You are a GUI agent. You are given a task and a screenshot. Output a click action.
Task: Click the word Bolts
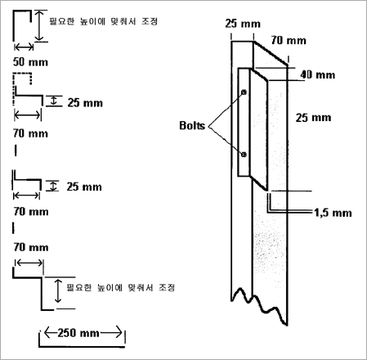pyautogui.click(x=192, y=125)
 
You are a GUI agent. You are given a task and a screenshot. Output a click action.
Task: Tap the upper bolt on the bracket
pyautogui.click(x=244, y=92)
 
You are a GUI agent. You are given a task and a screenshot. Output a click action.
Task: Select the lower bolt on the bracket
pyautogui.click(x=244, y=155)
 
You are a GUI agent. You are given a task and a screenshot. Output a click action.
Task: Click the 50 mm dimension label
pyautogui.click(x=30, y=62)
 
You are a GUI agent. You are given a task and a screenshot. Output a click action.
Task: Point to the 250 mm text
pyautogui.click(x=78, y=333)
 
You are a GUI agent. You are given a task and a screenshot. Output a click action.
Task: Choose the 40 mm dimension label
pyautogui.click(x=318, y=74)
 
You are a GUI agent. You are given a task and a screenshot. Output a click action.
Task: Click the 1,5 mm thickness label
pyautogui.click(x=333, y=213)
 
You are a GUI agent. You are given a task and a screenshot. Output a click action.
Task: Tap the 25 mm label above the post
pyautogui.click(x=243, y=24)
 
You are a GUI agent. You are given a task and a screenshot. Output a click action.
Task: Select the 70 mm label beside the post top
pyautogui.click(x=289, y=41)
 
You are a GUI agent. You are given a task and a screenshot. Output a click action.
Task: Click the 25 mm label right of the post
pyautogui.click(x=314, y=118)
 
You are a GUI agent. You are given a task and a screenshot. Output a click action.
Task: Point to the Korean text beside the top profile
pyautogui.click(x=103, y=21)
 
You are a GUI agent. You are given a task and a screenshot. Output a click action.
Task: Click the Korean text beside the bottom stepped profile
pyautogui.click(x=120, y=287)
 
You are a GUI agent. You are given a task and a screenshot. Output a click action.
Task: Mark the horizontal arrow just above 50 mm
pyautogui.click(x=24, y=47)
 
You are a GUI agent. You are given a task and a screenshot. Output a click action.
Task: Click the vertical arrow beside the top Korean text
pyautogui.click(x=39, y=26)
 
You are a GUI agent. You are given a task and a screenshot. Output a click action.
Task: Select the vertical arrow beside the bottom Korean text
pyautogui.click(x=58, y=291)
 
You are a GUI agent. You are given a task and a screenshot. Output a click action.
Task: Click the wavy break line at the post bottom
pyautogui.click(x=259, y=304)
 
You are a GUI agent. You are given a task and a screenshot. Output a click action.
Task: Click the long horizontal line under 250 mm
pyautogui.click(x=82, y=347)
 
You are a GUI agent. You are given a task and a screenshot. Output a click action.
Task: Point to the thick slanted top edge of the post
pyautogui.click(x=271, y=53)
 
